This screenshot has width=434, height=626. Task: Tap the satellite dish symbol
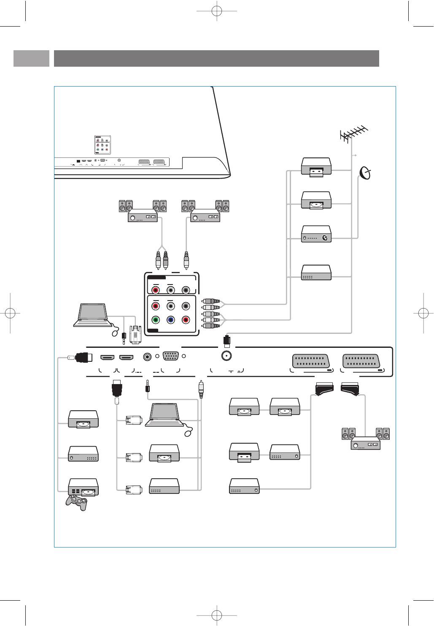(365, 173)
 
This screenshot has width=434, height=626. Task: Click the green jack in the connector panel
(156, 320)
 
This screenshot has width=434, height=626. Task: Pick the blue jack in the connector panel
(171, 320)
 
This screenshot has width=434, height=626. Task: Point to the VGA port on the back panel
(170, 357)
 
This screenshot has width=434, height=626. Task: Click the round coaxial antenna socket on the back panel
(226, 356)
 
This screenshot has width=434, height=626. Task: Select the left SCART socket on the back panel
(311, 361)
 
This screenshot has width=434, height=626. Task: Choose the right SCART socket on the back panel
(361, 361)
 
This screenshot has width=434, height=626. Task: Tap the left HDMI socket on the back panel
(107, 358)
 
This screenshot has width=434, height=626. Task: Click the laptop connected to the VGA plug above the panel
(91, 315)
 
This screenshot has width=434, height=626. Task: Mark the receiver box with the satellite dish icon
(316, 234)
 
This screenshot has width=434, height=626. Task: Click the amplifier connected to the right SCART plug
(365, 442)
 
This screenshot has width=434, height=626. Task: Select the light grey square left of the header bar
(31, 58)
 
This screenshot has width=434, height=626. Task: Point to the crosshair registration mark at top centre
(217, 11)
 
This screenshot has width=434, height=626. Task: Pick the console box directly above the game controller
(84, 487)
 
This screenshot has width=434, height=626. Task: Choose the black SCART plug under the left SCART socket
(324, 389)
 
